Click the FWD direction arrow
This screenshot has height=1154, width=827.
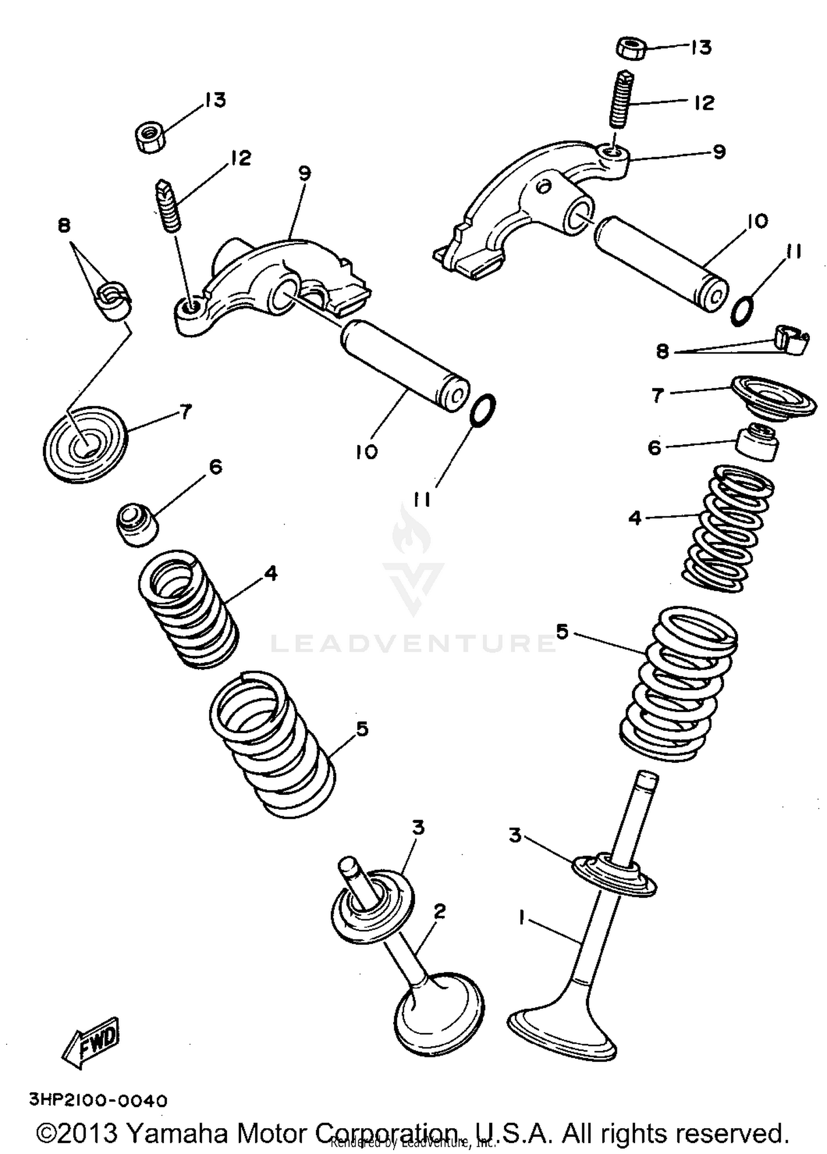coord(91,1042)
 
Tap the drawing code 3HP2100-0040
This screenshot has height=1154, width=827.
coord(98,1101)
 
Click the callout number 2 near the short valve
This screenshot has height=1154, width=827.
coord(439,911)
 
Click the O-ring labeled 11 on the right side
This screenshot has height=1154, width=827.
coord(742,311)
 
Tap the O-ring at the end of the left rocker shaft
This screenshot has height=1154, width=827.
coord(483,410)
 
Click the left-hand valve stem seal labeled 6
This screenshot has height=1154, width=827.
coord(137,524)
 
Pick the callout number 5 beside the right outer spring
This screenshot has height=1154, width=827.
coord(562,632)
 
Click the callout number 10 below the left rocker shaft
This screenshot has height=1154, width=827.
coord(367,452)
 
